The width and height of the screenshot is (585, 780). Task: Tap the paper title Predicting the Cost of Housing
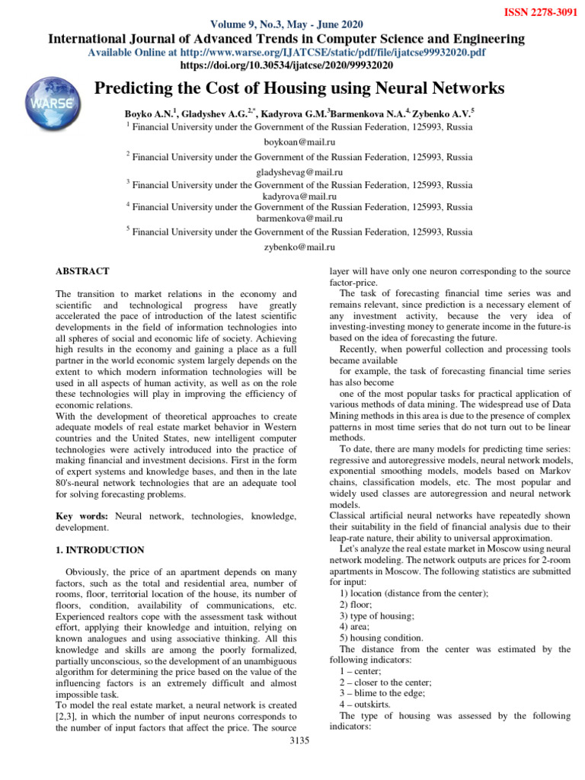click(299, 89)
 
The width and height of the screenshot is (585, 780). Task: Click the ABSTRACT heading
click(83, 271)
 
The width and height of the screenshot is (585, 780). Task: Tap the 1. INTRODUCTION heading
click(101, 549)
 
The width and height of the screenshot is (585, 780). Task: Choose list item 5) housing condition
click(382, 638)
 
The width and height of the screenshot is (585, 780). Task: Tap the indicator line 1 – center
click(360, 671)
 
